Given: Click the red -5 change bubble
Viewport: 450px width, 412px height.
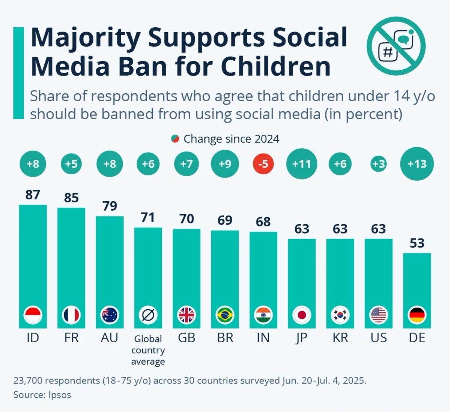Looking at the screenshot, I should (263, 164).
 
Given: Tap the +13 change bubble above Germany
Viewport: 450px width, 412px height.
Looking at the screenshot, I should (417, 164).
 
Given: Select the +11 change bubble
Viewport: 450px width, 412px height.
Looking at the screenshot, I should (302, 164).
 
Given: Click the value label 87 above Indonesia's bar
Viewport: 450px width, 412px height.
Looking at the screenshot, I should (33, 195).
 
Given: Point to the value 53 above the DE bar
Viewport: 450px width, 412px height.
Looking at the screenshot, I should (417, 243).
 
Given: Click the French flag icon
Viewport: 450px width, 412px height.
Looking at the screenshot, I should (71, 315).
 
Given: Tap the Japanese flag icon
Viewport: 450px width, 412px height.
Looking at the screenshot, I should (302, 315).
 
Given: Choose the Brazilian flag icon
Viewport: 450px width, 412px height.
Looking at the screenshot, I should (225, 315).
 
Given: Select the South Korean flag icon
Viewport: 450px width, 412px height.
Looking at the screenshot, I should (340, 315).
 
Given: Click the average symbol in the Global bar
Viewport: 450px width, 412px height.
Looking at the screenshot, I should (148, 315).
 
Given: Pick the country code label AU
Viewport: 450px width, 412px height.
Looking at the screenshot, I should (110, 338).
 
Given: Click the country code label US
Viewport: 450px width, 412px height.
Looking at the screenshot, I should (378, 338).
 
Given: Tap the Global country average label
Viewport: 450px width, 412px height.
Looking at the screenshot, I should (148, 350).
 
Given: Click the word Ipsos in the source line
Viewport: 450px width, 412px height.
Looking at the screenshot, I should (59, 395).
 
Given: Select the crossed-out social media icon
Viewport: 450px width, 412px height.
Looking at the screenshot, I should (396, 45).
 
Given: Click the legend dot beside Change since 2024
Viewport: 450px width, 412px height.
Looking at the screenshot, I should (175, 139).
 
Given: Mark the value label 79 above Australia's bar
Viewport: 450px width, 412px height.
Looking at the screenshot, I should (110, 206).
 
